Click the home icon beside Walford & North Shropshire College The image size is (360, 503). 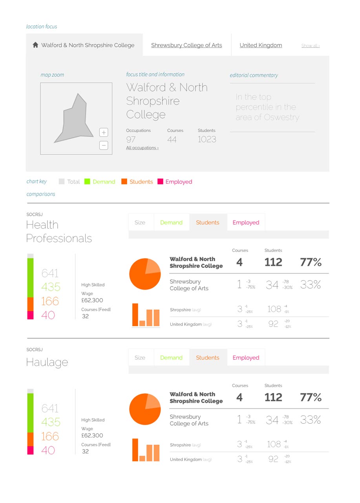(x=35, y=45)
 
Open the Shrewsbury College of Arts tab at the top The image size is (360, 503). (x=186, y=45)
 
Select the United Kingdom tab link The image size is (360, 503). (x=261, y=45)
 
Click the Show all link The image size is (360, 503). (x=310, y=46)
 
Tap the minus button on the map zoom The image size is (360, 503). (x=104, y=145)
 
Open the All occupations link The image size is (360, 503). (x=142, y=148)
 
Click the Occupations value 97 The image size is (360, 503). (x=131, y=140)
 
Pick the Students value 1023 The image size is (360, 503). (x=206, y=140)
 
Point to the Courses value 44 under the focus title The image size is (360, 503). (x=172, y=140)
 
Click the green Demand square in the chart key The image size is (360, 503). (x=87, y=182)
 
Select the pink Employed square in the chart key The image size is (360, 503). (x=160, y=182)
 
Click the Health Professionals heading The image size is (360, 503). (x=59, y=231)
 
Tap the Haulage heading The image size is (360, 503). (x=47, y=362)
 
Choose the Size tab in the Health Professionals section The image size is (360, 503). (x=140, y=222)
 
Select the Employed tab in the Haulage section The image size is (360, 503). (x=246, y=358)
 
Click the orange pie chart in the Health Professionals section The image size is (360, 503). (x=145, y=274)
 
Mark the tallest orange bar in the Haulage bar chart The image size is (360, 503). (x=135, y=450)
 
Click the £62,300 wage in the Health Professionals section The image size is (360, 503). (x=92, y=300)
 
